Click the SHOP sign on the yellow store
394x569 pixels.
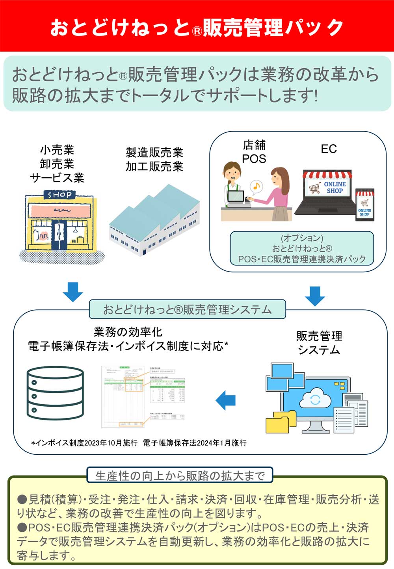pyautogui.click(x=59, y=195)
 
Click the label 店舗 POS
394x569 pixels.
pyautogui.click(x=254, y=152)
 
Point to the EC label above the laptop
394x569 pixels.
pyautogui.click(x=329, y=149)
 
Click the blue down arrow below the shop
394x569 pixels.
pyautogui.click(x=73, y=292)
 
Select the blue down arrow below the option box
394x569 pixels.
pyautogui.click(x=315, y=296)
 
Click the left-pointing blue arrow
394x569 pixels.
pyautogui.click(x=226, y=400)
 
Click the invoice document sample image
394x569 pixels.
pyautogui.click(x=143, y=396)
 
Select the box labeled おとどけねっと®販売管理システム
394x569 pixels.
pyautogui.click(x=187, y=309)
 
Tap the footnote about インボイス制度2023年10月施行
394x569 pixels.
pyautogui.click(x=139, y=443)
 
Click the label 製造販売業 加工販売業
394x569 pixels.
pyautogui.click(x=154, y=160)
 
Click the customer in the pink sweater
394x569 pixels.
pyautogui.click(x=279, y=193)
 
